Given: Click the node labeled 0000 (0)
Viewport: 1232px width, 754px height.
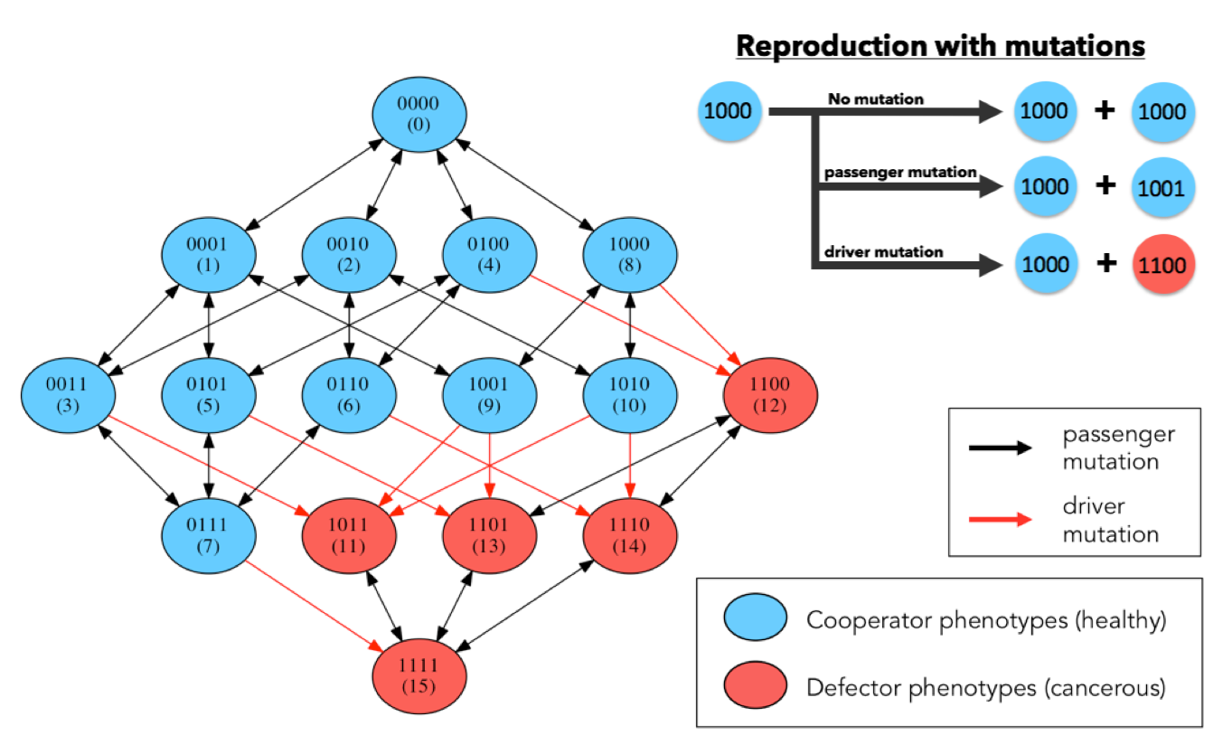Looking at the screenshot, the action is (x=419, y=115).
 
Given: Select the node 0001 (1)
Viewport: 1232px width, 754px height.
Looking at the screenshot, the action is (x=209, y=255).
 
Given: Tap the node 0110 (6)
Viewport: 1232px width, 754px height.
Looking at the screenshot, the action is (x=349, y=395).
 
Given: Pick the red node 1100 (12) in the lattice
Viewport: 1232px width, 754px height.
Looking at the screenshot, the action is (x=770, y=395).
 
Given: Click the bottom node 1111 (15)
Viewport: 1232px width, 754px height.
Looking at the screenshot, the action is (x=419, y=676).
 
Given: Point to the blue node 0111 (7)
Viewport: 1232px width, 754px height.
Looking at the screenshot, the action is (x=209, y=535).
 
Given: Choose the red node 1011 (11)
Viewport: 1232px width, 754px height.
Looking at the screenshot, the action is (x=349, y=535).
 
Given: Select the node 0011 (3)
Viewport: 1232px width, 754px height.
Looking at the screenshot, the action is (x=68, y=395).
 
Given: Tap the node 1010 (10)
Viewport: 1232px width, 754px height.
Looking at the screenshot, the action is (x=630, y=395).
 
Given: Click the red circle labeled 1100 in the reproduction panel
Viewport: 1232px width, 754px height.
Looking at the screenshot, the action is (x=1162, y=265).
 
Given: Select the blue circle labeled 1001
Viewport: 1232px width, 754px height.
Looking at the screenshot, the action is (x=1162, y=188).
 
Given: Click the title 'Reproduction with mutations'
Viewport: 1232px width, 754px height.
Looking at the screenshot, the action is (x=941, y=45).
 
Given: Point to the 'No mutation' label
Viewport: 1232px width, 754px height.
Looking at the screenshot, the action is (x=876, y=99).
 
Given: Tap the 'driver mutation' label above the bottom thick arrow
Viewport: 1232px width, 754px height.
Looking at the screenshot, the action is (x=883, y=252).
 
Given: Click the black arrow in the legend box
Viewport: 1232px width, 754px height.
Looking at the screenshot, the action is (x=1000, y=448).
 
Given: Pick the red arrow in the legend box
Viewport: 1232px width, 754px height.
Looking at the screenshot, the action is (x=1000, y=519).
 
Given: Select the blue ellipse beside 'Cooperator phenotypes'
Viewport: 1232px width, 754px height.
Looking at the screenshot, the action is (x=755, y=617).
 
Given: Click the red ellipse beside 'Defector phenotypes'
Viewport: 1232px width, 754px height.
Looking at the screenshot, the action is (x=755, y=684).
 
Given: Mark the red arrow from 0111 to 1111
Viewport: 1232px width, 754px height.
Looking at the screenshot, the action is (x=314, y=606).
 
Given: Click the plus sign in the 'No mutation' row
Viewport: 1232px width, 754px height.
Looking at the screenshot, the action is (x=1105, y=110).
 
